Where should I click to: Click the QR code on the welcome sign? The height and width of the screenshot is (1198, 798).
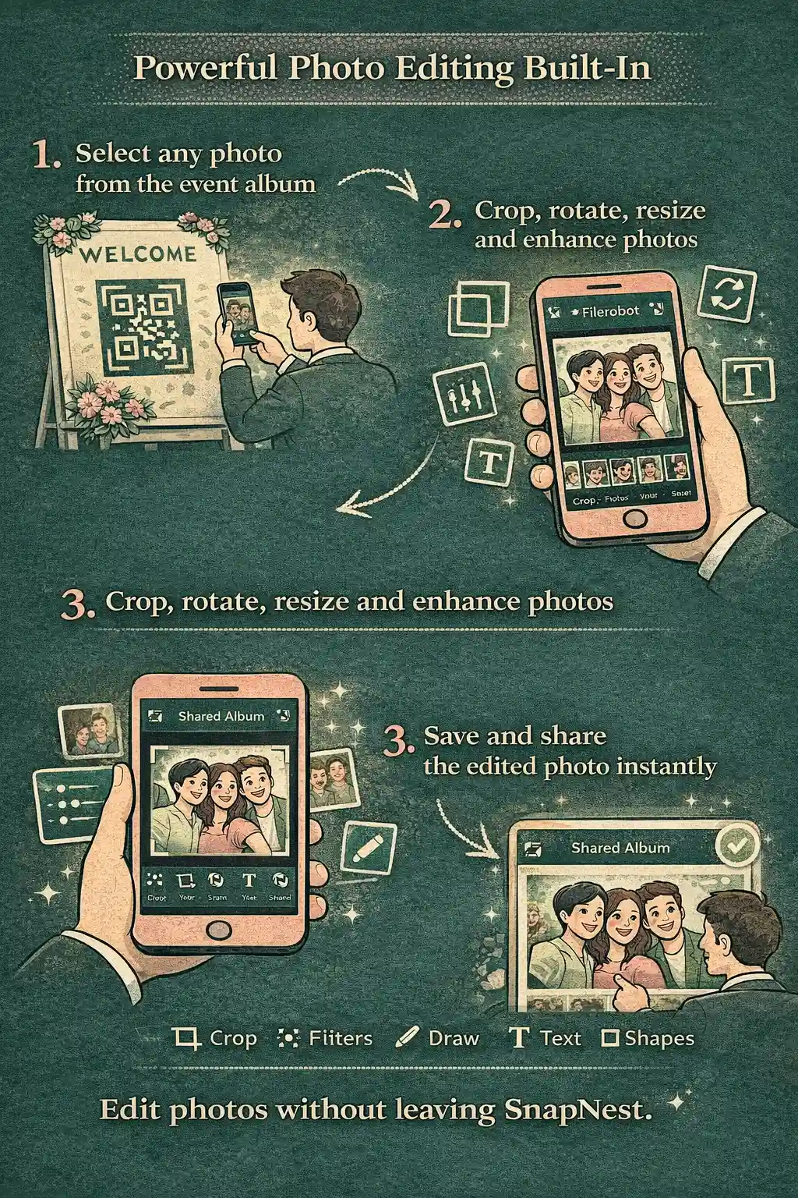(144, 326)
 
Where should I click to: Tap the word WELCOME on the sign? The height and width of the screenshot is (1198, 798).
(137, 254)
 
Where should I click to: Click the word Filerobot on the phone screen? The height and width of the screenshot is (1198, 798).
(610, 311)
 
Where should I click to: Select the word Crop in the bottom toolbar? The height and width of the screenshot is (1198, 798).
(233, 1039)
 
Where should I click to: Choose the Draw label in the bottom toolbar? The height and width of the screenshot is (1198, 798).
(454, 1039)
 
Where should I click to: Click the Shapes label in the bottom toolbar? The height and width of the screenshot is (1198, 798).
(659, 1039)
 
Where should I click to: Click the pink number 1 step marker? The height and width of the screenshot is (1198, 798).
(46, 156)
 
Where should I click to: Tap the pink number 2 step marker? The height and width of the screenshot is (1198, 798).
(444, 215)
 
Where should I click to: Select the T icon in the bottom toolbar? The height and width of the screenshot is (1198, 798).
(518, 1039)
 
